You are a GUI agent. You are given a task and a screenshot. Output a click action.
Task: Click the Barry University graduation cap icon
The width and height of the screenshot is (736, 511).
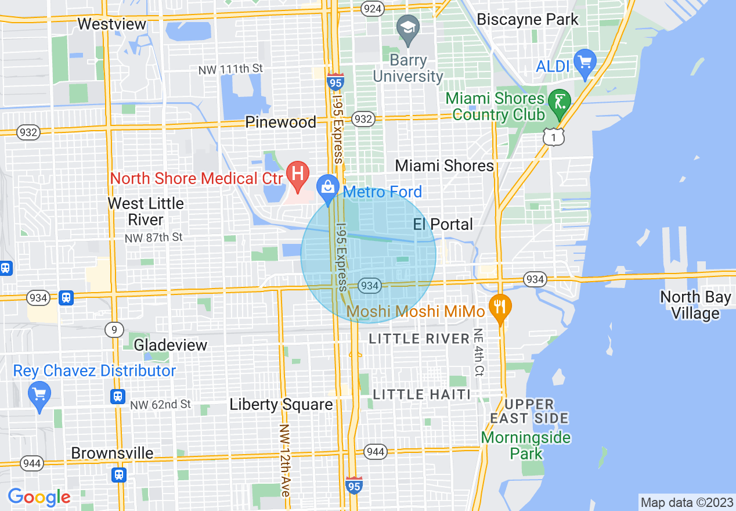pos(408,29)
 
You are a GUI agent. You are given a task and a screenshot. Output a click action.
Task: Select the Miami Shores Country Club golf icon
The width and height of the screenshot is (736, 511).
pos(560,103)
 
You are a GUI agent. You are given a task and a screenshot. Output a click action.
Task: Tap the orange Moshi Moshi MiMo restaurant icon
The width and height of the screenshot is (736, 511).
pos(500,307)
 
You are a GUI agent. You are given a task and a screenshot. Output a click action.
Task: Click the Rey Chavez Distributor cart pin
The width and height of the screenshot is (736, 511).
pos(39,395)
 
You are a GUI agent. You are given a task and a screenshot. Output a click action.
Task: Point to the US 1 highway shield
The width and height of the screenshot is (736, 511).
pos(554,136)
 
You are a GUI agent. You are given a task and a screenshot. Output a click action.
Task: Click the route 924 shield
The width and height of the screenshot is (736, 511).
pos(371,8)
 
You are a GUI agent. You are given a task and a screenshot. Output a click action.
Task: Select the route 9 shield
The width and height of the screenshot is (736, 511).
pos(114,330)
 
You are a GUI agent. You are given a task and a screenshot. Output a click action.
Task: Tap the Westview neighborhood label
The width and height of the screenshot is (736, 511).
pos(112,24)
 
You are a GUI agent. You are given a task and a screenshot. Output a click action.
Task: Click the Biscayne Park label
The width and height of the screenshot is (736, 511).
pos(528,19)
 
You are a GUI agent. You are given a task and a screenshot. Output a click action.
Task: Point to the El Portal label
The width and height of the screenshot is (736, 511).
pos(443,224)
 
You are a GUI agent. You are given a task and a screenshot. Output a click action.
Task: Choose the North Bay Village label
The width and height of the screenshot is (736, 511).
pos(695,305)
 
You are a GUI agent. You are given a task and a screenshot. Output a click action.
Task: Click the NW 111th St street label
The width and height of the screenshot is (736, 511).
pos(230,69)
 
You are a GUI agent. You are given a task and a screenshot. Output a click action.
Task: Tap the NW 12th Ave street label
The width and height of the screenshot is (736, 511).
pos(284,460)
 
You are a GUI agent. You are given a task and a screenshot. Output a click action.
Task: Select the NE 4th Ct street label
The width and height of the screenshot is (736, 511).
pos(479,352)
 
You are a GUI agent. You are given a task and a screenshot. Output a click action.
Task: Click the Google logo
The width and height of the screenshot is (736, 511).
pos(39,497)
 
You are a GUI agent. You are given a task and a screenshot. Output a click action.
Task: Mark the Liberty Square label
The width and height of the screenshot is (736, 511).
pos(281,405)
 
